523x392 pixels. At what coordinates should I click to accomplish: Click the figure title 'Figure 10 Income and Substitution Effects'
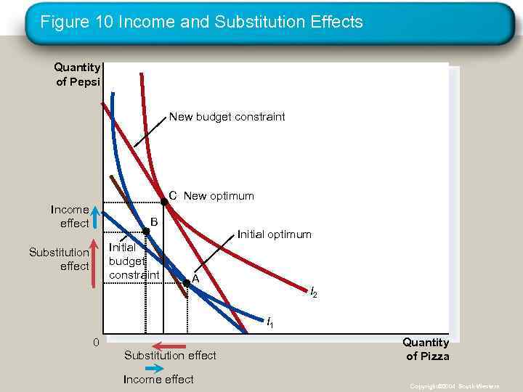click(201, 23)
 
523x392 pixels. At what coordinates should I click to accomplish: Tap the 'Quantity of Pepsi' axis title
click(78, 74)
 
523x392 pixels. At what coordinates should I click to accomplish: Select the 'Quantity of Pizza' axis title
click(426, 349)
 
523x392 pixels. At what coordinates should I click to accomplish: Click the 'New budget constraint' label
click(227, 116)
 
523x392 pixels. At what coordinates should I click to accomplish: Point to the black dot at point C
click(164, 203)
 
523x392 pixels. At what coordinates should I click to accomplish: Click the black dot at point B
click(146, 231)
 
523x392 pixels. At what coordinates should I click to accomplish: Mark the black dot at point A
click(187, 282)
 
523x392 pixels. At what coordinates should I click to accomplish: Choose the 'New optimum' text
click(219, 196)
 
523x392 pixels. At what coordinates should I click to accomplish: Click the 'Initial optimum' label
click(275, 234)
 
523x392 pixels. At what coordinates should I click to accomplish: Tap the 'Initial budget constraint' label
click(134, 261)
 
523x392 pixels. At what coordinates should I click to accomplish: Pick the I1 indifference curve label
click(269, 321)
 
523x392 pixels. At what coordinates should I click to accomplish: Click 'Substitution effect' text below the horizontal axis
click(170, 356)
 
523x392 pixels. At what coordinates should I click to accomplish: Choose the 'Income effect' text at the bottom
click(158, 379)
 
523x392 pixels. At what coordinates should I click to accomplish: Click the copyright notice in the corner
click(454, 386)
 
